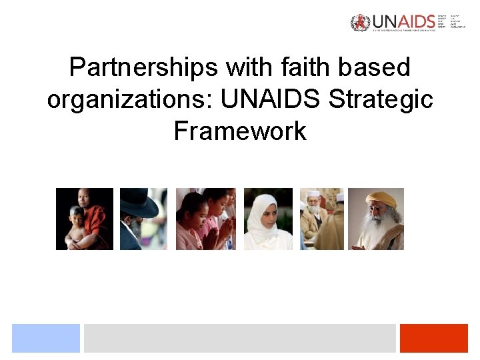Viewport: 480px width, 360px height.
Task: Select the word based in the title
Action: tap(377, 67)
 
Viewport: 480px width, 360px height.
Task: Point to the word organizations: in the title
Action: tap(128, 99)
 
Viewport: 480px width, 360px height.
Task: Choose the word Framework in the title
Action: tap(240, 131)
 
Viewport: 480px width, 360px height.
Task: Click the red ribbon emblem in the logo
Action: tap(360, 23)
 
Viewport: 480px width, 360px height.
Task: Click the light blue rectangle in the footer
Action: tap(46, 338)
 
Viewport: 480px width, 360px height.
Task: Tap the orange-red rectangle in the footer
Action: tap(434, 338)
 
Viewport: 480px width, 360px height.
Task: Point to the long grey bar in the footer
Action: tap(239, 338)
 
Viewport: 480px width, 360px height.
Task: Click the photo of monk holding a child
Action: tap(85, 219)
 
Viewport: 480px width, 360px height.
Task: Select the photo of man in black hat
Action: tap(143, 219)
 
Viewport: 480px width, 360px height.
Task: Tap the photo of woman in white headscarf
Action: tap(268, 219)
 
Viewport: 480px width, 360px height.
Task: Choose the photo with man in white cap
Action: tap(322, 219)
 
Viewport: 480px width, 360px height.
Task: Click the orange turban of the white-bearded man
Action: tap(381, 199)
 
